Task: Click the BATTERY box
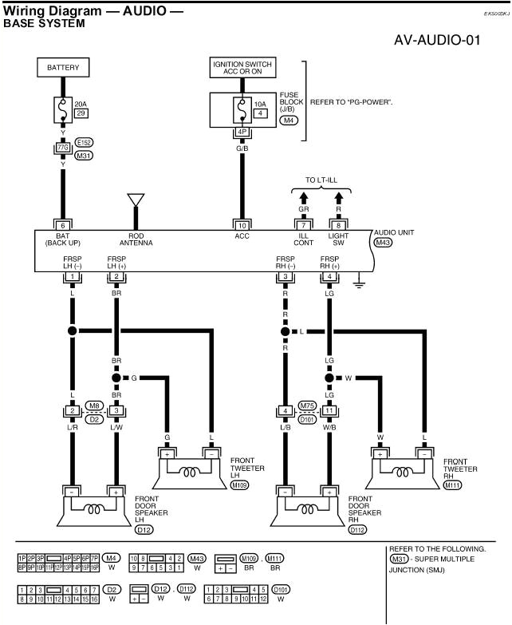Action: click(x=62, y=69)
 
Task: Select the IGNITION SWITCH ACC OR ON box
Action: click(x=241, y=69)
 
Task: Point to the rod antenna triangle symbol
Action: click(x=136, y=200)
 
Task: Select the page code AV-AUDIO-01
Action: click(x=437, y=40)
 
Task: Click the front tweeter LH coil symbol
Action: click(x=190, y=471)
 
